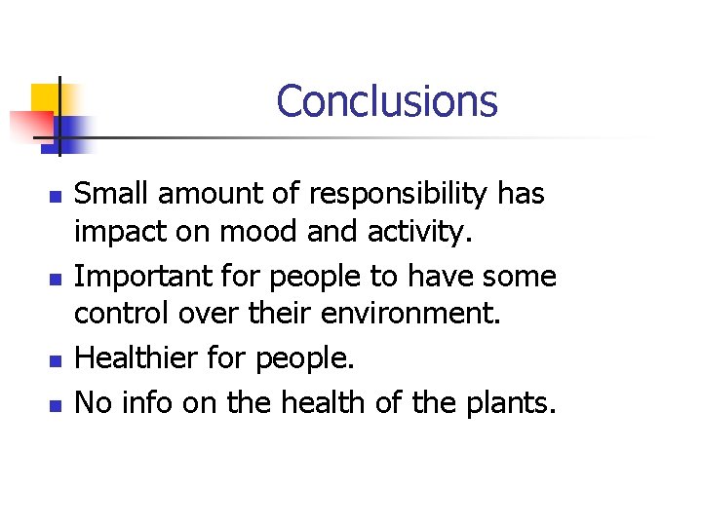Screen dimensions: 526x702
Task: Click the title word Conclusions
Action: click(386, 101)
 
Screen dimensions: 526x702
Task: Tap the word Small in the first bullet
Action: click(108, 194)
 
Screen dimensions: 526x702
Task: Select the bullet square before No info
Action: click(55, 402)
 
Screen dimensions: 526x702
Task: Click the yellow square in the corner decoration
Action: click(44, 98)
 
